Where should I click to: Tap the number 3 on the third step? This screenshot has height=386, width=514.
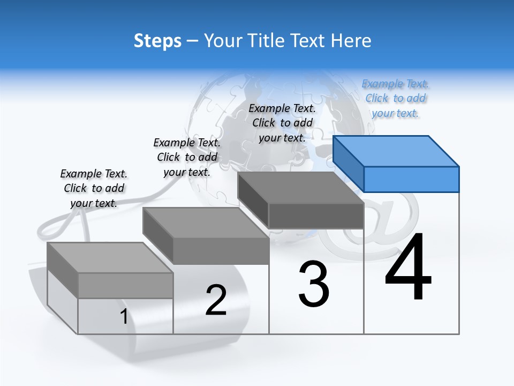click(314, 284)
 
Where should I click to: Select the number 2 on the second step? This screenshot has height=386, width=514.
click(216, 300)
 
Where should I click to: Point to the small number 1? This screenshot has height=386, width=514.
click(124, 316)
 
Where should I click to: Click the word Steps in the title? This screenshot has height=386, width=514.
click(157, 41)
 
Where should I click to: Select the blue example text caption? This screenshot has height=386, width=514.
click(395, 99)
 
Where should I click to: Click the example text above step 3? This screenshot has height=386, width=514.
click(282, 123)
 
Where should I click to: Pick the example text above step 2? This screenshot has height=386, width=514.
click(187, 157)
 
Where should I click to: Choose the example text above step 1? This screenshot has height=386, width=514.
click(94, 188)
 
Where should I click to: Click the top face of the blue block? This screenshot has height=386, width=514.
click(395, 151)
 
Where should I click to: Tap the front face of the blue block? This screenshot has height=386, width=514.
click(411, 179)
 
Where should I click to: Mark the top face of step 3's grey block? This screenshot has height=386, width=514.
click(300, 188)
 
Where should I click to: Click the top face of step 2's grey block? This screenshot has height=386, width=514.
click(206, 223)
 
